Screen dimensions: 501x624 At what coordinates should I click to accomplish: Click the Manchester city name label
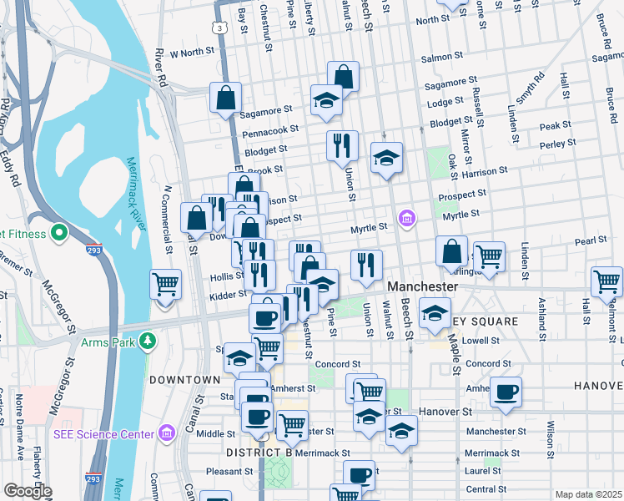pyautogui.click(x=423, y=286)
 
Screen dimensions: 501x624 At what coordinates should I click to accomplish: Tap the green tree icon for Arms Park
pyautogui.click(x=148, y=341)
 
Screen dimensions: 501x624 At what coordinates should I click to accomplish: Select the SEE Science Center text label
pyautogui.click(x=104, y=434)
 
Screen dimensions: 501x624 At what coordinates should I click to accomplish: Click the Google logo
pyautogui.click(x=27, y=491)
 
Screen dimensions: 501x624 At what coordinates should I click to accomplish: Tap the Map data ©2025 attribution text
pyautogui.click(x=588, y=494)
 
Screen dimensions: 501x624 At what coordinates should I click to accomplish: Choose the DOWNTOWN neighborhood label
pyautogui.click(x=184, y=380)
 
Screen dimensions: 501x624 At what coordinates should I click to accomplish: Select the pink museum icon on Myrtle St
pyautogui.click(x=406, y=220)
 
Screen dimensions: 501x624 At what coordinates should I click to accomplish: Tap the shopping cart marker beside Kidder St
pyautogui.click(x=165, y=284)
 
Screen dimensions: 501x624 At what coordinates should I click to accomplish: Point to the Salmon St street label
pyautogui.click(x=442, y=57)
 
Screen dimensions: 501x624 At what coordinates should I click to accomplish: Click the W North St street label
pyautogui.click(x=192, y=53)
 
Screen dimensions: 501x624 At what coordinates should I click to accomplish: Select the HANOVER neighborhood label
pyautogui.click(x=598, y=386)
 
